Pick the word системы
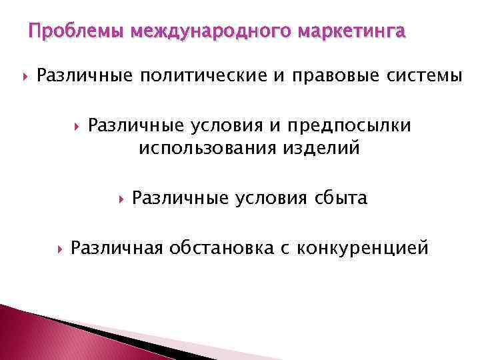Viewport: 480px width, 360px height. click(x=421, y=77)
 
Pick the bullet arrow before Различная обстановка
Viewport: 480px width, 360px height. click(x=58, y=249)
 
